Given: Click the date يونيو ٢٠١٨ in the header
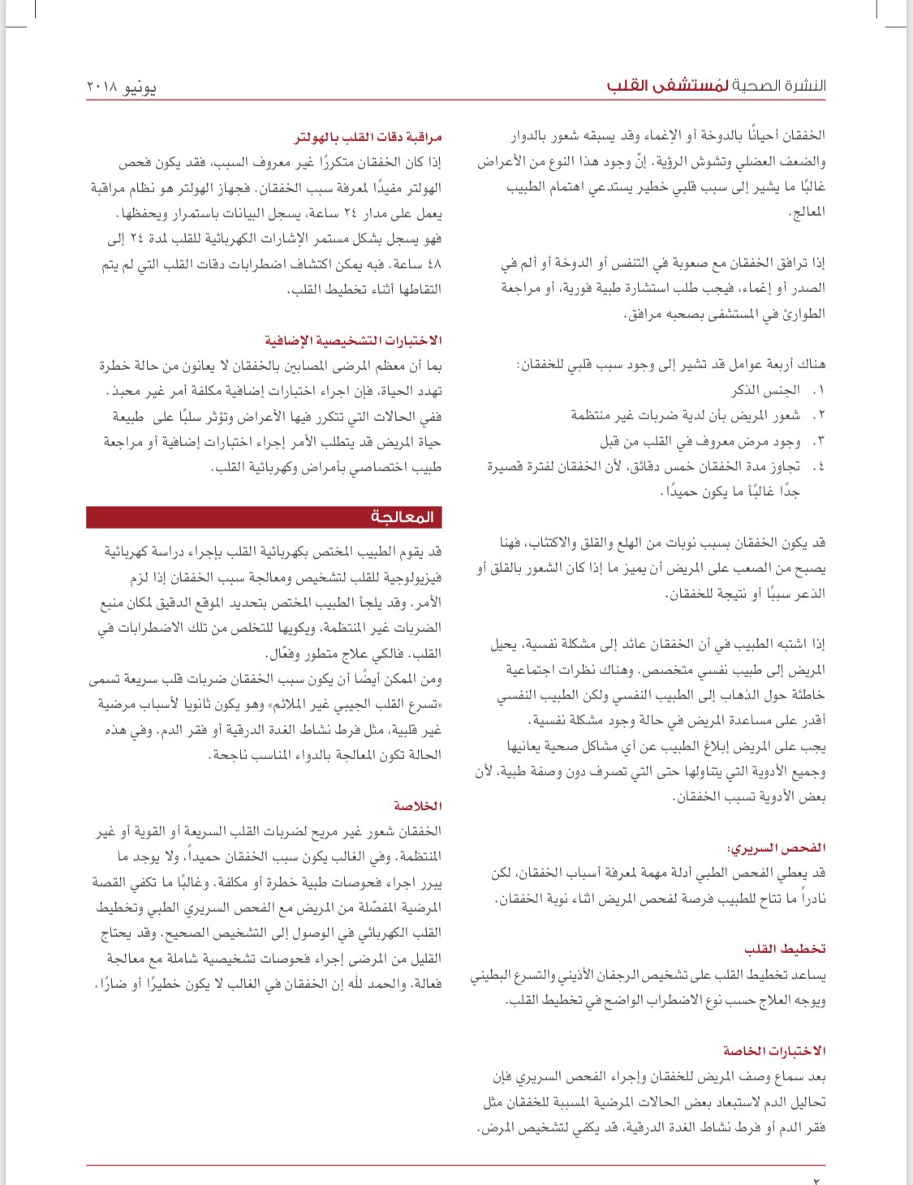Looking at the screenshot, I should [x=121, y=86].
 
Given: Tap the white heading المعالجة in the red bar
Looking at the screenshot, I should [x=403, y=517].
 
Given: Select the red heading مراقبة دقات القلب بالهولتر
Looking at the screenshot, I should [x=368, y=137].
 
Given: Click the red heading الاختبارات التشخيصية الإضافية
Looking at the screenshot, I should [x=353, y=340].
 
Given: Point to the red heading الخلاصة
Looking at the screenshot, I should [x=417, y=805].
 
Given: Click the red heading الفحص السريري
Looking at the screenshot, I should [x=777, y=848].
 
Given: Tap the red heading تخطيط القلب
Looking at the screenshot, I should [x=785, y=948].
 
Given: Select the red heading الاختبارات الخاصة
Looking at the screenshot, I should [x=774, y=1050].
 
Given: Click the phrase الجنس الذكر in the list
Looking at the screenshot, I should [x=765, y=390].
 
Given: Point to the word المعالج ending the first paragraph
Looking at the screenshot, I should [x=807, y=213].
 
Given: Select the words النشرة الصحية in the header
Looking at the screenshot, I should [x=780, y=85].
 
